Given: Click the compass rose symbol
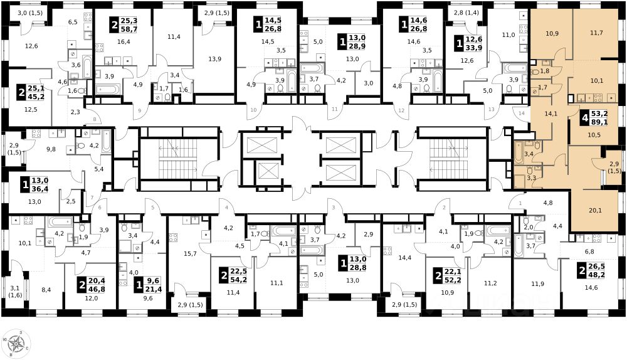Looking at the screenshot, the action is point(16,344).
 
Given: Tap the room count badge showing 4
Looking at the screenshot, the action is point(586,119).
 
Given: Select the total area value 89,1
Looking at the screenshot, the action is point(599,122).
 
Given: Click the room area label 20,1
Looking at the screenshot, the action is point(596,210).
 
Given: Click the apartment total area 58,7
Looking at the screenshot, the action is point(129,29).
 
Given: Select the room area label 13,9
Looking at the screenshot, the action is point(214,59).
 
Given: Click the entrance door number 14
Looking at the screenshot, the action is point(522,114).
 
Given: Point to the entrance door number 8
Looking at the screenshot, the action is point(95,119).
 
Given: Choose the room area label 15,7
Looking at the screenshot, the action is point(191,253).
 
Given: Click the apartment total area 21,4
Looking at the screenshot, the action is point(154,289).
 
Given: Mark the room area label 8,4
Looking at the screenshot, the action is point(46,290).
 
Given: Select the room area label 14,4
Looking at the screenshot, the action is point(405,258).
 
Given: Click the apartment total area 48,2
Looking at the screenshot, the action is point(597,275).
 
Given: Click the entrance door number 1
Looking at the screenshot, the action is point(520,203).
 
